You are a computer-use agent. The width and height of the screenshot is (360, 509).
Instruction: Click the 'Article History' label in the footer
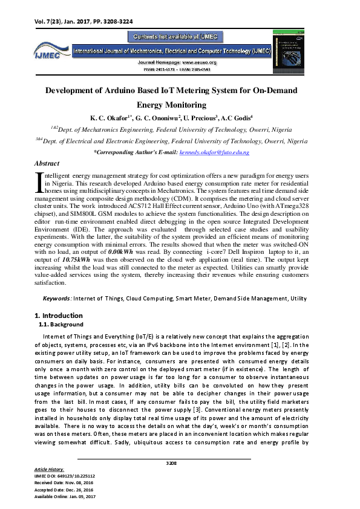tap(50, 469)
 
